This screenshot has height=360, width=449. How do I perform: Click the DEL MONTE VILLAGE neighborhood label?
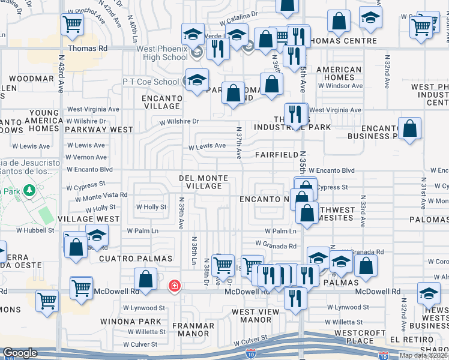click(203, 182)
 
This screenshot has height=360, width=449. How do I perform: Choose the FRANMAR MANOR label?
click(193, 329)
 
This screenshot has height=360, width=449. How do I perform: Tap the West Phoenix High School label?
click(154, 53)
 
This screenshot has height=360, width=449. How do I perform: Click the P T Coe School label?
click(150, 82)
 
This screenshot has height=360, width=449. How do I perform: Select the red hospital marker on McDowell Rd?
click(174, 286)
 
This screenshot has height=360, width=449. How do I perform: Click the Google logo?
click(20, 353)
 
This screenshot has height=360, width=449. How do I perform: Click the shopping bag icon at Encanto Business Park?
click(409, 128)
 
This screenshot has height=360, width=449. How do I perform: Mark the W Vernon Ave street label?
click(86, 157)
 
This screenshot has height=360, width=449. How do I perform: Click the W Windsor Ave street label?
click(340, 86)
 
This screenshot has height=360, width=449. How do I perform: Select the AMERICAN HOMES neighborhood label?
click(339, 73)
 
